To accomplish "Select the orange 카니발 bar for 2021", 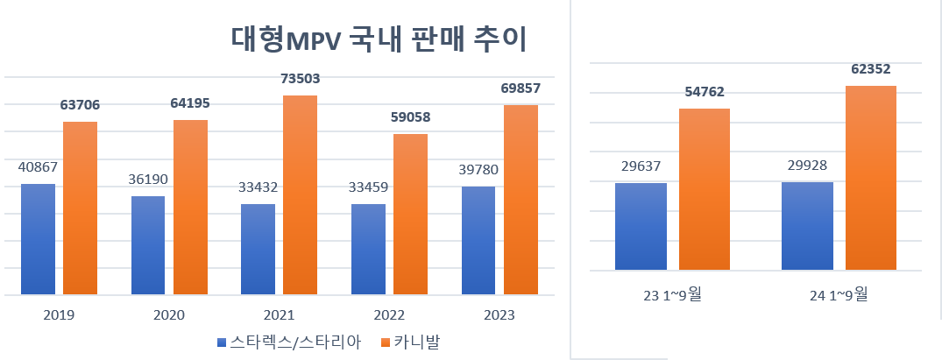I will coord(300,194).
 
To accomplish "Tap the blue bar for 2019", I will coord(38,238).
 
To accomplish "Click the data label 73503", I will coord(300,79).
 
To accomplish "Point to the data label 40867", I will coord(38,167).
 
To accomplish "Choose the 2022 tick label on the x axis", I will coord(388,315).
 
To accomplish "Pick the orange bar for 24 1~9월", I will coord(870,178).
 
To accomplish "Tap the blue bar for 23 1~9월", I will coord(641,226).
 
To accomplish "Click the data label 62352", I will coord(870,68).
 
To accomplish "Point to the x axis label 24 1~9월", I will coord(839,294).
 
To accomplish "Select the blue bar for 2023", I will coord(478,240).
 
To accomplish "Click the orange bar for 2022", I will coord(410,214).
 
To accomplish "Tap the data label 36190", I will coord(148,180).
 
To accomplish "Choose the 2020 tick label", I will coord(168,315).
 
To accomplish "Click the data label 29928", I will coord(807,166).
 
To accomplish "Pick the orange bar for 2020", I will coord(190,207).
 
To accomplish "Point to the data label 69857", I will coord(520,88).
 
